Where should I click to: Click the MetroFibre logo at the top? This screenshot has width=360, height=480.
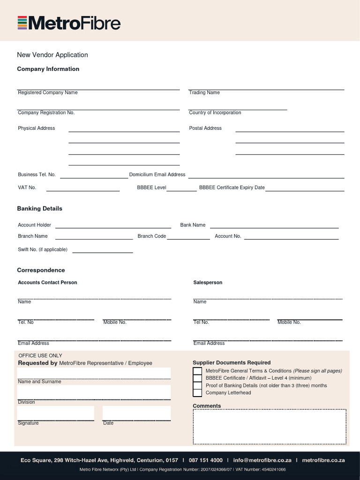pyautogui.click(x=69, y=23)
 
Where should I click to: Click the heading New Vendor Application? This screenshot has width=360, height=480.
pyautogui.click(x=52, y=55)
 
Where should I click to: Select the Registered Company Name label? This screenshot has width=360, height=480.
pyautogui.click(x=48, y=93)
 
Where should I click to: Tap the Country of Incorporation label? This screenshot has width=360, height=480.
pyautogui.click(x=215, y=113)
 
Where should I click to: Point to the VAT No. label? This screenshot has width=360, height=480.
pyautogui.click(x=27, y=187)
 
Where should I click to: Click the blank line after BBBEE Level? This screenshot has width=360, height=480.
pyautogui.click(x=181, y=189)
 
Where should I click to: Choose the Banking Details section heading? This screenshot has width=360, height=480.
pyautogui.click(x=39, y=209)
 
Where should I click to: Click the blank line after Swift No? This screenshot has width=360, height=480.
pyautogui.click(x=102, y=251)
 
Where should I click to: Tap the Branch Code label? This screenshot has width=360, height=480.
pyautogui.click(x=152, y=236)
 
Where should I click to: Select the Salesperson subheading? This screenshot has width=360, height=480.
pyautogui.click(x=208, y=283)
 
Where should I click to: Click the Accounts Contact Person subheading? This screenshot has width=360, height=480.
pyautogui.click(x=47, y=283)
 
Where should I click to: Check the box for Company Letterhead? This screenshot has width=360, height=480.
pyautogui.click(x=197, y=393)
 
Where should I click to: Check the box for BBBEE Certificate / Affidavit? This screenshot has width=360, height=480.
pyautogui.click(x=197, y=378)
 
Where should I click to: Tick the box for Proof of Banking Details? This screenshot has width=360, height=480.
pyautogui.click(x=197, y=386)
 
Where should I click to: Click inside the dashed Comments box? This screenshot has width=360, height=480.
pyautogui.click(x=270, y=427)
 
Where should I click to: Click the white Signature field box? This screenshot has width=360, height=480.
pyautogui.click(x=55, y=413)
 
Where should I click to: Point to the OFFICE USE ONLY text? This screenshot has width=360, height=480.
pyautogui.click(x=40, y=356)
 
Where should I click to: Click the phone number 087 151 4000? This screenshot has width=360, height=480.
pyautogui.click(x=206, y=460)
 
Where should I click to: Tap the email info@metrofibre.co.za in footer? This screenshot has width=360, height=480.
pyautogui.click(x=262, y=460)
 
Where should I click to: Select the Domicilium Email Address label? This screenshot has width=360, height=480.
pyautogui.click(x=157, y=175)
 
